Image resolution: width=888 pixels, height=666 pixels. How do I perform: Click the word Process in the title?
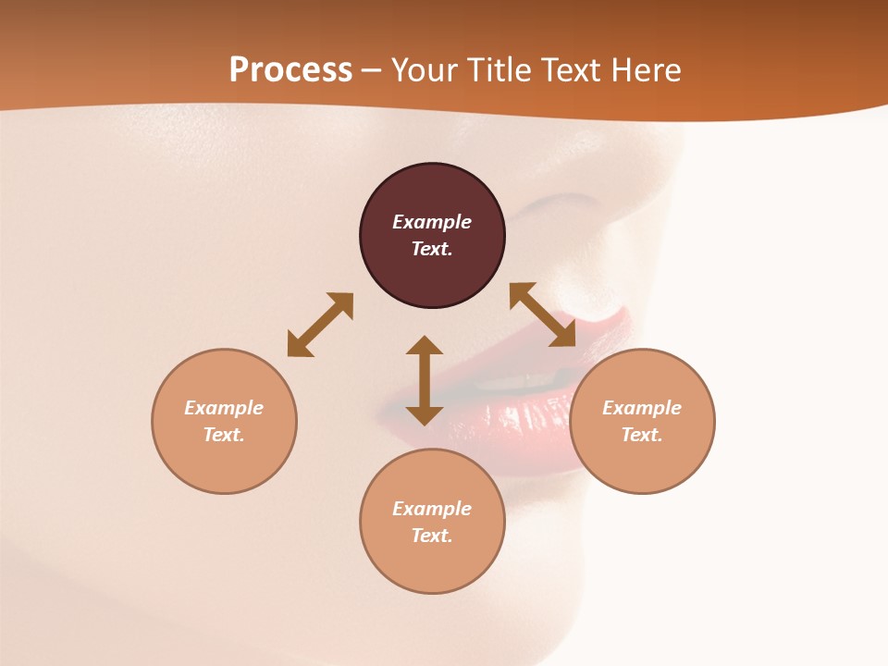click(290, 70)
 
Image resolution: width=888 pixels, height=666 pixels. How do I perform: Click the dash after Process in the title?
click(371, 71)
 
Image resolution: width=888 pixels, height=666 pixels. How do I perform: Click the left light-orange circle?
click(224, 462)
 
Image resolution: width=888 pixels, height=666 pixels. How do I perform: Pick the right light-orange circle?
click(642, 462)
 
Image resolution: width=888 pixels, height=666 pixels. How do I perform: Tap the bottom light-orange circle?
click(432, 564)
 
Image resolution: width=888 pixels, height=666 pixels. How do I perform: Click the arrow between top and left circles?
click(320, 325)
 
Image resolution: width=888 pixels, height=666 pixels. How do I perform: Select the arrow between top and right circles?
click(542, 314)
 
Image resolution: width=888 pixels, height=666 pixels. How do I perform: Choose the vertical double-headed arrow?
click(425, 380)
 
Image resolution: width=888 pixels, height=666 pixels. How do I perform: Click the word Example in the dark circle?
click(432, 222)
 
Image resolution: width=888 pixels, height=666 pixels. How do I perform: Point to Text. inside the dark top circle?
click(432, 249)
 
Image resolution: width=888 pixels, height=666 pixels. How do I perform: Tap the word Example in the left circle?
click(224, 408)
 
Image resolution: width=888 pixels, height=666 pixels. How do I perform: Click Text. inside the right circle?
click(642, 435)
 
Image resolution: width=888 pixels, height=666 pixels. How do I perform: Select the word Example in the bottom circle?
click(432, 509)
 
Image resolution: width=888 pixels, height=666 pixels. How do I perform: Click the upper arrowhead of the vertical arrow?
click(425, 345)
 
